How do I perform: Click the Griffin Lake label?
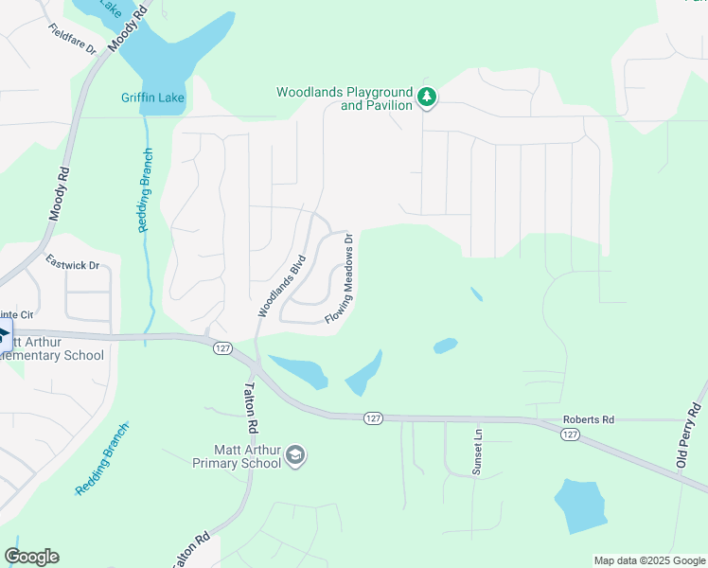[152, 98]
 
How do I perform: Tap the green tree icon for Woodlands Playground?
[427, 97]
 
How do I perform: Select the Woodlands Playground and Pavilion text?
[345, 98]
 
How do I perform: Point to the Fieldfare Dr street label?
[74, 38]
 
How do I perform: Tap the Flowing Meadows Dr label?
[341, 278]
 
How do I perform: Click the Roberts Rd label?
[589, 419]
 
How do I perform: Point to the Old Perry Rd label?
[688, 435]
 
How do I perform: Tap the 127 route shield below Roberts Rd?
[569, 434]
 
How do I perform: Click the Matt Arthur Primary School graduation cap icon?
[296, 455]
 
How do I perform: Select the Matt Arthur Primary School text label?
[237, 455]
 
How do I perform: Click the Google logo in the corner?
[31, 557]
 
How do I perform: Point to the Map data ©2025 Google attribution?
[648, 560]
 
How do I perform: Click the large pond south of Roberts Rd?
[579, 506]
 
